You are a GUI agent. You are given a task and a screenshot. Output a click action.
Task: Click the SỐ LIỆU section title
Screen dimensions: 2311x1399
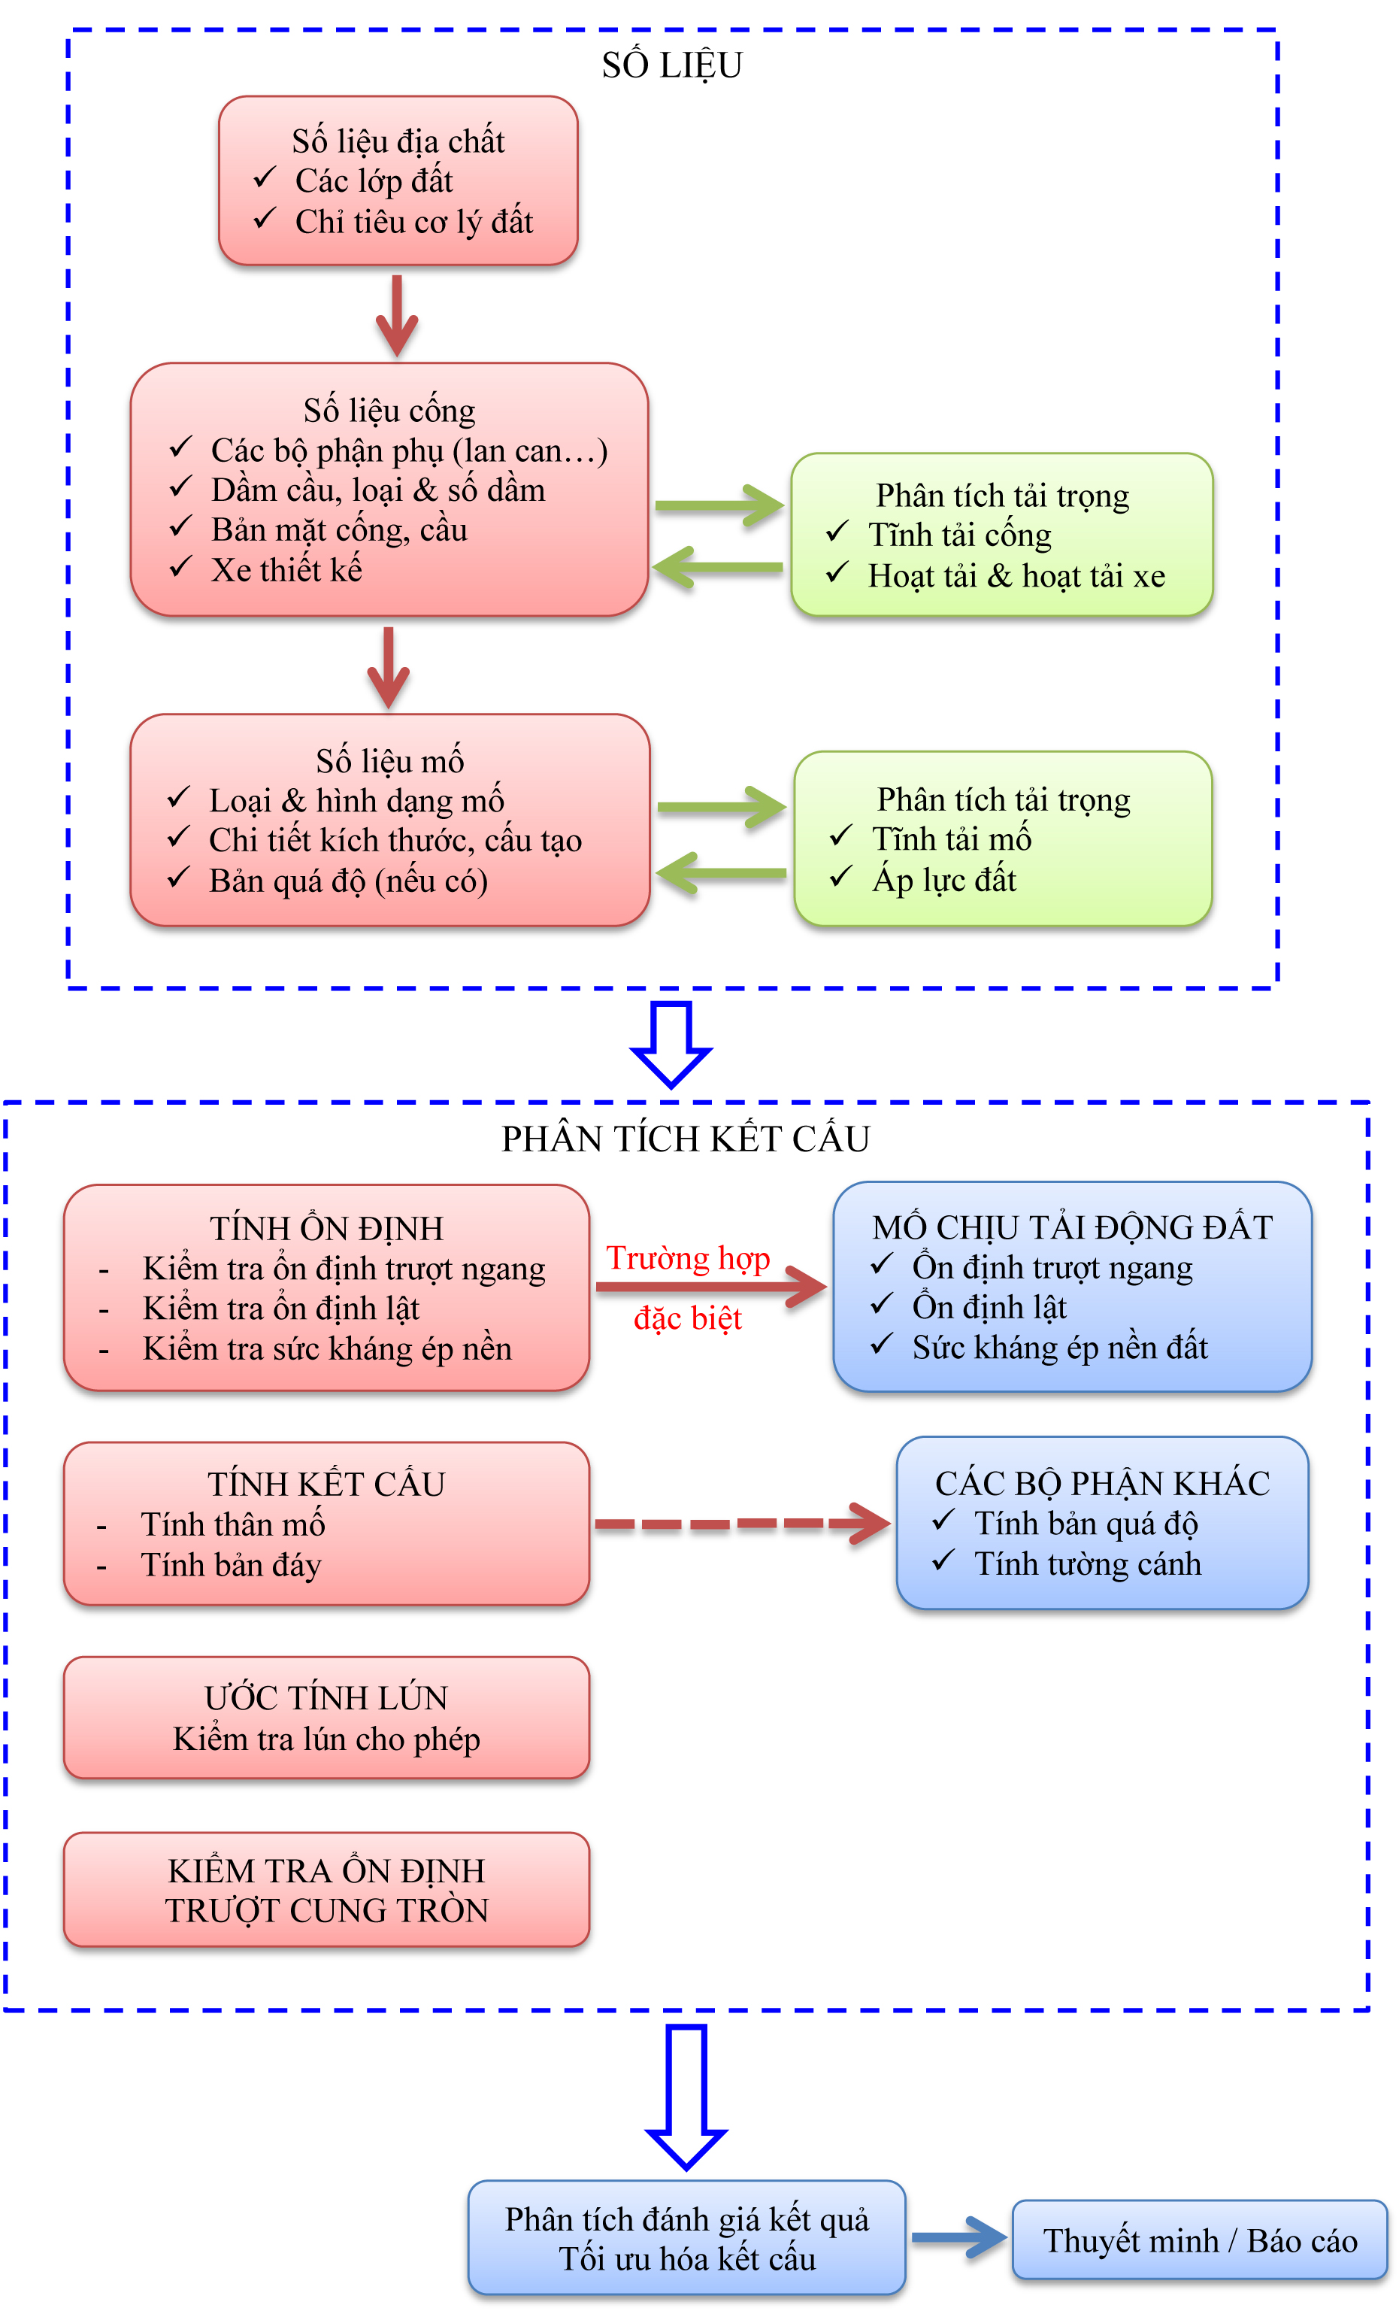pos(671,65)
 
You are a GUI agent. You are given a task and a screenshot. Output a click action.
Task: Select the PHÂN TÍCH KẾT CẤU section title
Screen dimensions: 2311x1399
pos(685,1139)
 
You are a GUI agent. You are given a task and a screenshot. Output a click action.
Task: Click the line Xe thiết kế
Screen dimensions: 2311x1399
pos(286,569)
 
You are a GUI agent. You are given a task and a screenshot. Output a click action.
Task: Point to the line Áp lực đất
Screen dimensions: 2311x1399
pos(943,880)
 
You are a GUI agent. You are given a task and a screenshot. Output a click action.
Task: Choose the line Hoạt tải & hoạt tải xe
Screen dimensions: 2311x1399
pos(1016,576)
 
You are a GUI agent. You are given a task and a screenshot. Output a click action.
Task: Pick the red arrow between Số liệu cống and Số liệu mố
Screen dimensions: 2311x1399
pos(388,667)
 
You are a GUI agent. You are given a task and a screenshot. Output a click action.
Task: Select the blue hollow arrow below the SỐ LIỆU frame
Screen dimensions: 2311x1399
pos(671,1044)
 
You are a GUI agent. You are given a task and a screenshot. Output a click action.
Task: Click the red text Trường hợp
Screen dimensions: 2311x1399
pos(687,1257)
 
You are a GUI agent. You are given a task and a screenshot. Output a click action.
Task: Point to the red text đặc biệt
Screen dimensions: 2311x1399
pos(687,1318)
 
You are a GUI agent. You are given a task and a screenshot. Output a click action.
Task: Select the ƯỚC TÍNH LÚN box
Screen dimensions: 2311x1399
pos(326,1718)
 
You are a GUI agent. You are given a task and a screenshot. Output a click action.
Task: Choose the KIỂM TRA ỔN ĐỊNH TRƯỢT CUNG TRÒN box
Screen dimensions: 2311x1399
pos(326,1890)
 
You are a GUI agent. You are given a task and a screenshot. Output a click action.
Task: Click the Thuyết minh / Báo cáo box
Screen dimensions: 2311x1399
pos(1199,2240)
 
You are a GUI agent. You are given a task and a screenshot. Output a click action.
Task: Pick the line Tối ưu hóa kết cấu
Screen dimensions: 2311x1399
pos(686,2258)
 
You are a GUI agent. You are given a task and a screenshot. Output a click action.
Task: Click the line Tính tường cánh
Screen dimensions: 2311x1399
pos(1087,1563)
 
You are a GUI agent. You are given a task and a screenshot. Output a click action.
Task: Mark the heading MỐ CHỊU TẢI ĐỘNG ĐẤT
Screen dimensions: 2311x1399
pos(1072,1227)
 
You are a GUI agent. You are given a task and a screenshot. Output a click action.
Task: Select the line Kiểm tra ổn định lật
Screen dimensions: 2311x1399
pos(280,1309)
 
